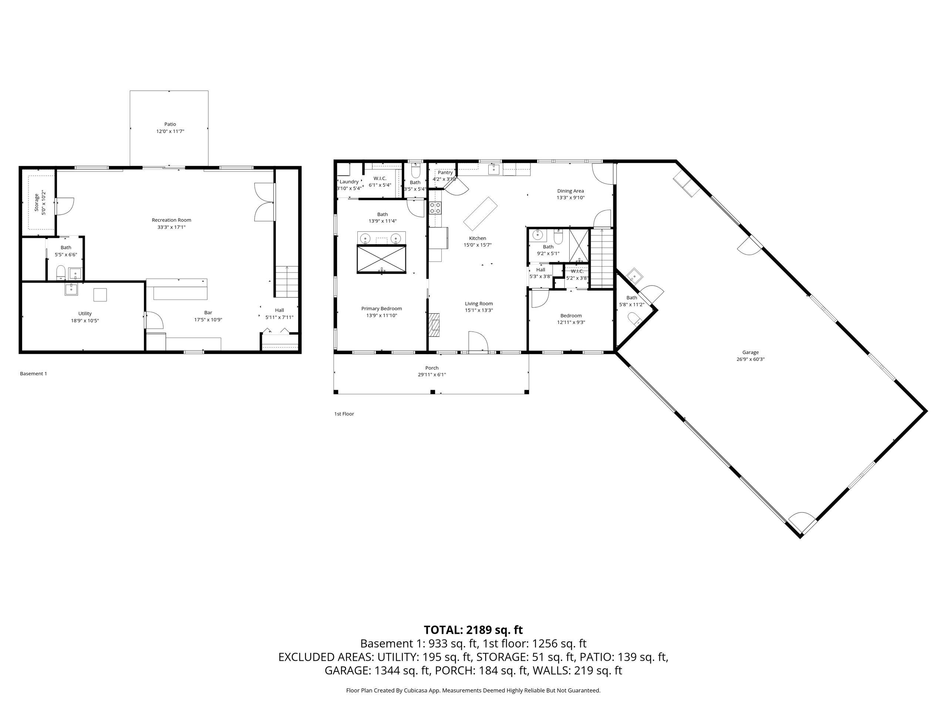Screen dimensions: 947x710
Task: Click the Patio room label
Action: pyautogui.click(x=170, y=124)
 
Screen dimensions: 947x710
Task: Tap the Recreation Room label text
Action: pyautogui.click(x=171, y=220)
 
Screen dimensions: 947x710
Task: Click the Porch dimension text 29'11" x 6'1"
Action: pyautogui.click(x=432, y=375)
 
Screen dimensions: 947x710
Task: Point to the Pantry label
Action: pyautogui.click(x=445, y=172)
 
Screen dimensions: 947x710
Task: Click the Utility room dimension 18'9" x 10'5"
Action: pyautogui.click(x=85, y=321)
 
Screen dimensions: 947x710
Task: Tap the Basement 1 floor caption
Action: pyautogui.click(x=33, y=373)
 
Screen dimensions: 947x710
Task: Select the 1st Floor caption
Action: pyautogui.click(x=344, y=414)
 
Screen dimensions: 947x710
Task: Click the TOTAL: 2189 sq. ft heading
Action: pyautogui.click(x=473, y=630)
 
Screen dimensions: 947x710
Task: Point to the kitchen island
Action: pyautogui.click(x=481, y=213)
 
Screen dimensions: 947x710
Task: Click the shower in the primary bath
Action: pyautogui.click(x=381, y=258)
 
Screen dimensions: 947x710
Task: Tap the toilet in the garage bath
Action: pyautogui.click(x=634, y=318)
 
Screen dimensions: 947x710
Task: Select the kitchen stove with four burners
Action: pyautogui.click(x=435, y=209)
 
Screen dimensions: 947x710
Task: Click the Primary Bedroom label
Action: pyautogui.click(x=381, y=308)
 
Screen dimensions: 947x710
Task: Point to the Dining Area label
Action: pyautogui.click(x=570, y=191)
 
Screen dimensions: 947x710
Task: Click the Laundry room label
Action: pyautogui.click(x=349, y=182)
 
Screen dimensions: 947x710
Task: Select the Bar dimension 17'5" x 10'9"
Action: pyautogui.click(x=208, y=320)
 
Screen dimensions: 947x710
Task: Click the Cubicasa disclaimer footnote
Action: pyautogui.click(x=473, y=690)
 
